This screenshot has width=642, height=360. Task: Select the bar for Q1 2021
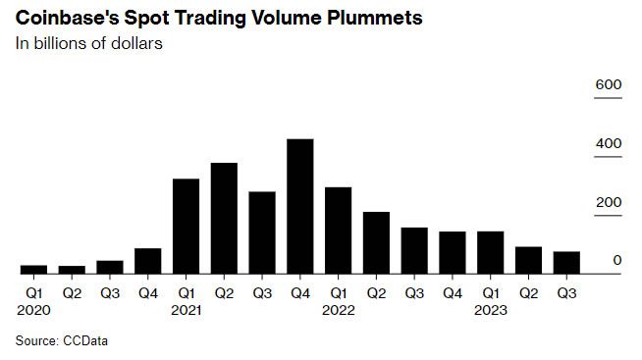tap(186, 227)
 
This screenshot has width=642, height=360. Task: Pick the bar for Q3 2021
tap(261, 232)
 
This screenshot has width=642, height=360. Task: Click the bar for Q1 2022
tap(338, 231)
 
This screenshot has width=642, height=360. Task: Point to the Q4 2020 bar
tap(147, 261)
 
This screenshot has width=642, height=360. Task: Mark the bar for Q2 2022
tap(376, 242)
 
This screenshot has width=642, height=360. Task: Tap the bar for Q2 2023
tap(528, 260)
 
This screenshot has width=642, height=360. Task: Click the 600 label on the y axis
tap(609, 86)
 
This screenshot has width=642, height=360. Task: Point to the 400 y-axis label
tap(609, 144)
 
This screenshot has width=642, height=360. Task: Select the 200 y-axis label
tap(609, 202)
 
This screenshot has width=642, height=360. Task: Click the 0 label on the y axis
tap(616, 260)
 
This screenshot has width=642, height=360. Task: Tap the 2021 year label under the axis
tap(187, 310)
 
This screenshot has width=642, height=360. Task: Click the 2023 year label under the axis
tap(491, 310)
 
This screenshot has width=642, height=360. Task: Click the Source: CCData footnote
tap(61, 340)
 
